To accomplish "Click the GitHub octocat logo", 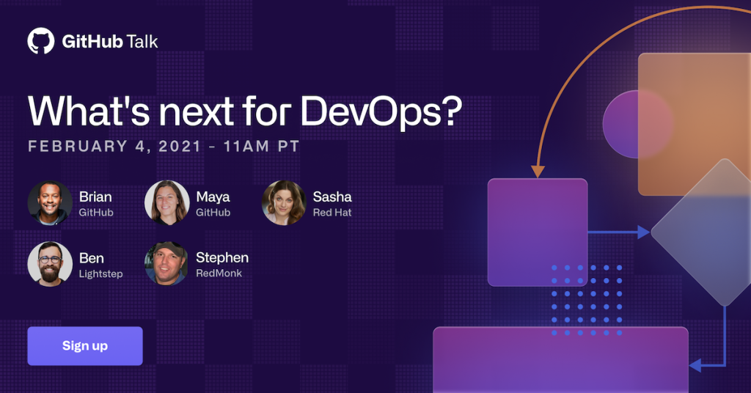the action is [x=41, y=40].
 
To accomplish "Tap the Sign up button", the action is [x=85, y=346].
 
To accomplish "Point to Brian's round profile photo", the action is [x=50, y=202].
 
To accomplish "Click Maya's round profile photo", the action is [x=166, y=202].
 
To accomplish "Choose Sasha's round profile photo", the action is [x=284, y=202].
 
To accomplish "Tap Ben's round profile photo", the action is [x=50, y=264].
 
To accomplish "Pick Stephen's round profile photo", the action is [x=166, y=264].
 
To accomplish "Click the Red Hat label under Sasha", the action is [x=332, y=213].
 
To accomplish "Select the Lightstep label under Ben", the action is [x=101, y=273].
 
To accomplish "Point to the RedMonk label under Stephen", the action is [x=219, y=273].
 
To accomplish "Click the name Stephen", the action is [x=222, y=258].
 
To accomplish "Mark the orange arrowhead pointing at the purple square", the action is [x=538, y=172].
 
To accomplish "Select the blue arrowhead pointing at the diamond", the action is [x=643, y=232].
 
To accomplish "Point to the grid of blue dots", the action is [x=587, y=300].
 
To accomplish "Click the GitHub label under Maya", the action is [x=213, y=213].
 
